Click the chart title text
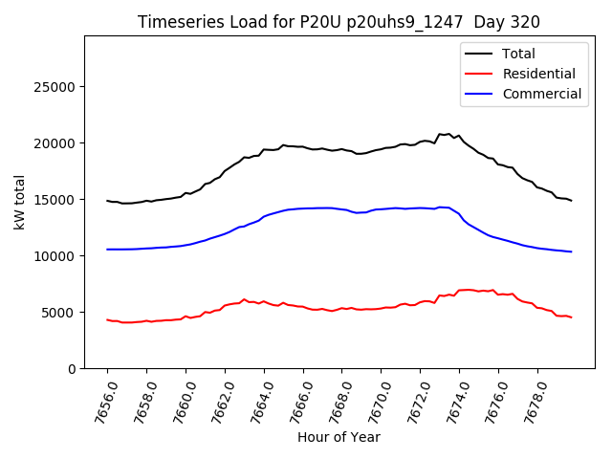point(339,22)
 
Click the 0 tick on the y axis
point(72,369)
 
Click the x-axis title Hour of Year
point(339,438)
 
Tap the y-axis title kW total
point(19,203)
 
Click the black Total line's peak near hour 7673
point(440,134)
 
